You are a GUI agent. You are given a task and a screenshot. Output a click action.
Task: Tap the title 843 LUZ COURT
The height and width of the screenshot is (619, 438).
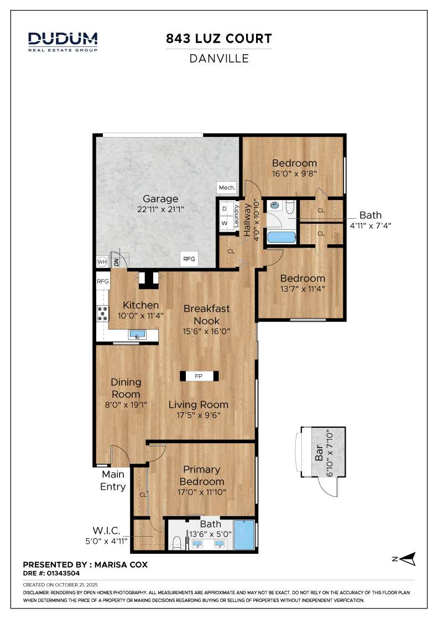(219, 39)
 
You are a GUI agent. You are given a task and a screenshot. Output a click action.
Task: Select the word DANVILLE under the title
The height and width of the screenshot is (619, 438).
(219, 59)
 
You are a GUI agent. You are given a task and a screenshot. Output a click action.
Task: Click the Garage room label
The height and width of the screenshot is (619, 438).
(160, 198)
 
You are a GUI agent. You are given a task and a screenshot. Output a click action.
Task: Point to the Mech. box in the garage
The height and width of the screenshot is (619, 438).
(227, 187)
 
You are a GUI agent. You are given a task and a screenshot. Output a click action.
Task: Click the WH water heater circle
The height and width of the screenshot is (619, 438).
(102, 262)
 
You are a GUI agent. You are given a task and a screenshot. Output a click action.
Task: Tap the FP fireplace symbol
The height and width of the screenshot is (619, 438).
(199, 376)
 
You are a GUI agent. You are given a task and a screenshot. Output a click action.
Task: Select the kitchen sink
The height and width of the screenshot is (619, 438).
(137, 335)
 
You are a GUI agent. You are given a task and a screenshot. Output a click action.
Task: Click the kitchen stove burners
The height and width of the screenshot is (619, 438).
(103, 313)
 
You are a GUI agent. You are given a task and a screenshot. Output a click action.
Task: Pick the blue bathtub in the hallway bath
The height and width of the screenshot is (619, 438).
(281, 238)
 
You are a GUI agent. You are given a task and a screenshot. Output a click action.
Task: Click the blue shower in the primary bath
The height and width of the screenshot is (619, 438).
(244, 534)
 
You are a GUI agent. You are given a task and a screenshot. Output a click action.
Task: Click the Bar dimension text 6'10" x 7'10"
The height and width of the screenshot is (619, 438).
(330, 454)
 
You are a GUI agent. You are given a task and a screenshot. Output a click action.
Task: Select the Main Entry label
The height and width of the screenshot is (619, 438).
(113, 480)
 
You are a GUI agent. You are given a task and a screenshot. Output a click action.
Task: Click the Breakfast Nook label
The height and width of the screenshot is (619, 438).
(207, 314)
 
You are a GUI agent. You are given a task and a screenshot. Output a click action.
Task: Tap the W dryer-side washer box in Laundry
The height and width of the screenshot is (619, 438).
(225, 223)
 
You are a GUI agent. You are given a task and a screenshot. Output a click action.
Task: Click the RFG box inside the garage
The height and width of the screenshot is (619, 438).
(189, 259)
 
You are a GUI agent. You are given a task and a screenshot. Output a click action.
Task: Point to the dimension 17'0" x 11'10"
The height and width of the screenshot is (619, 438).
(202, 492)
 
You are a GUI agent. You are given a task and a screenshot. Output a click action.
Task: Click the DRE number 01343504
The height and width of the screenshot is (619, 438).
(63, 573)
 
